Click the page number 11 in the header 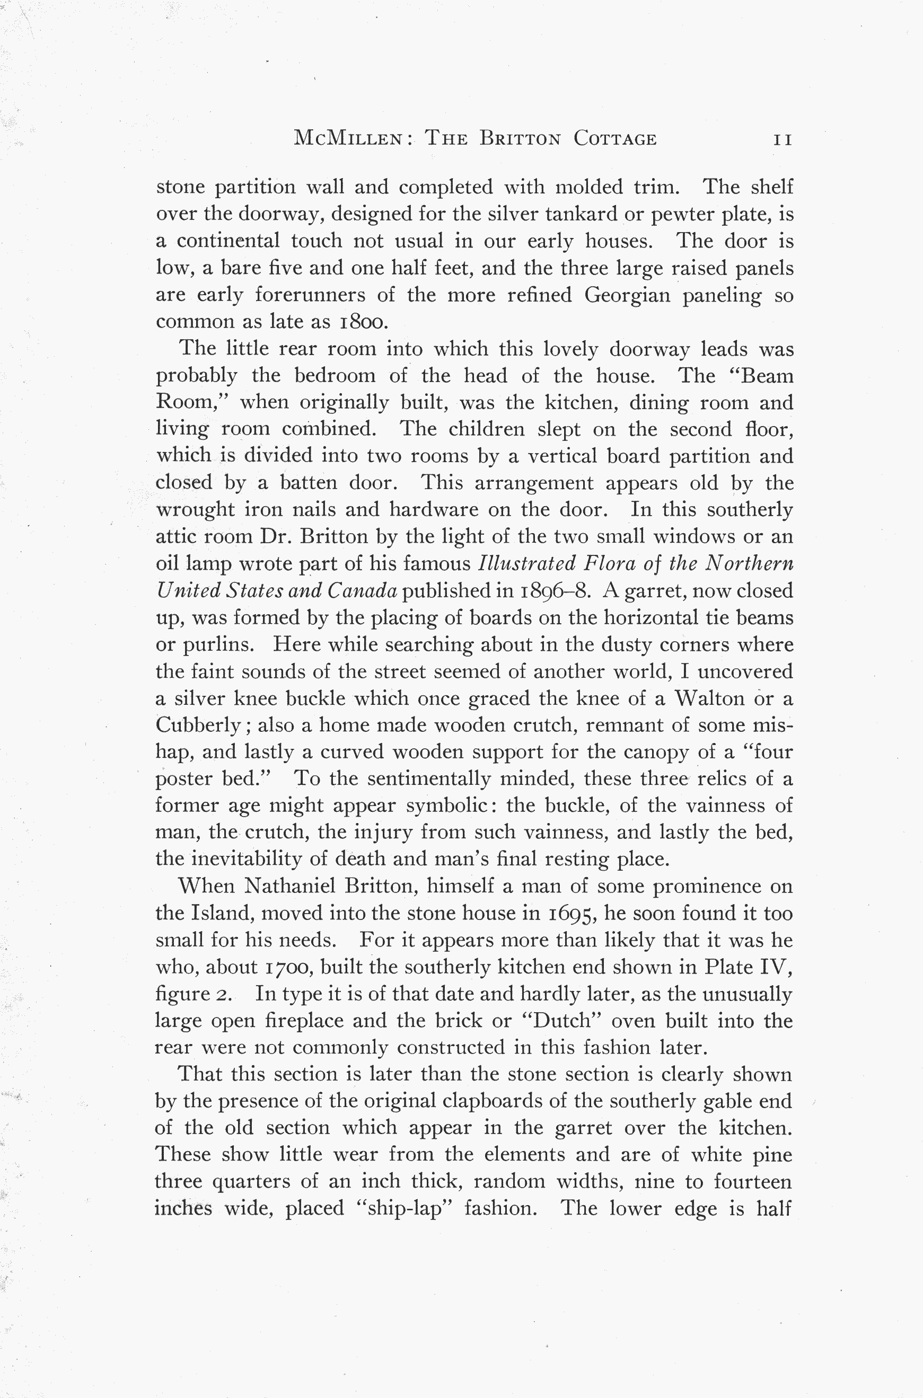[x=783, y=139]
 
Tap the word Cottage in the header [x=614, y=139]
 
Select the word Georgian [x=627, y=295]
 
